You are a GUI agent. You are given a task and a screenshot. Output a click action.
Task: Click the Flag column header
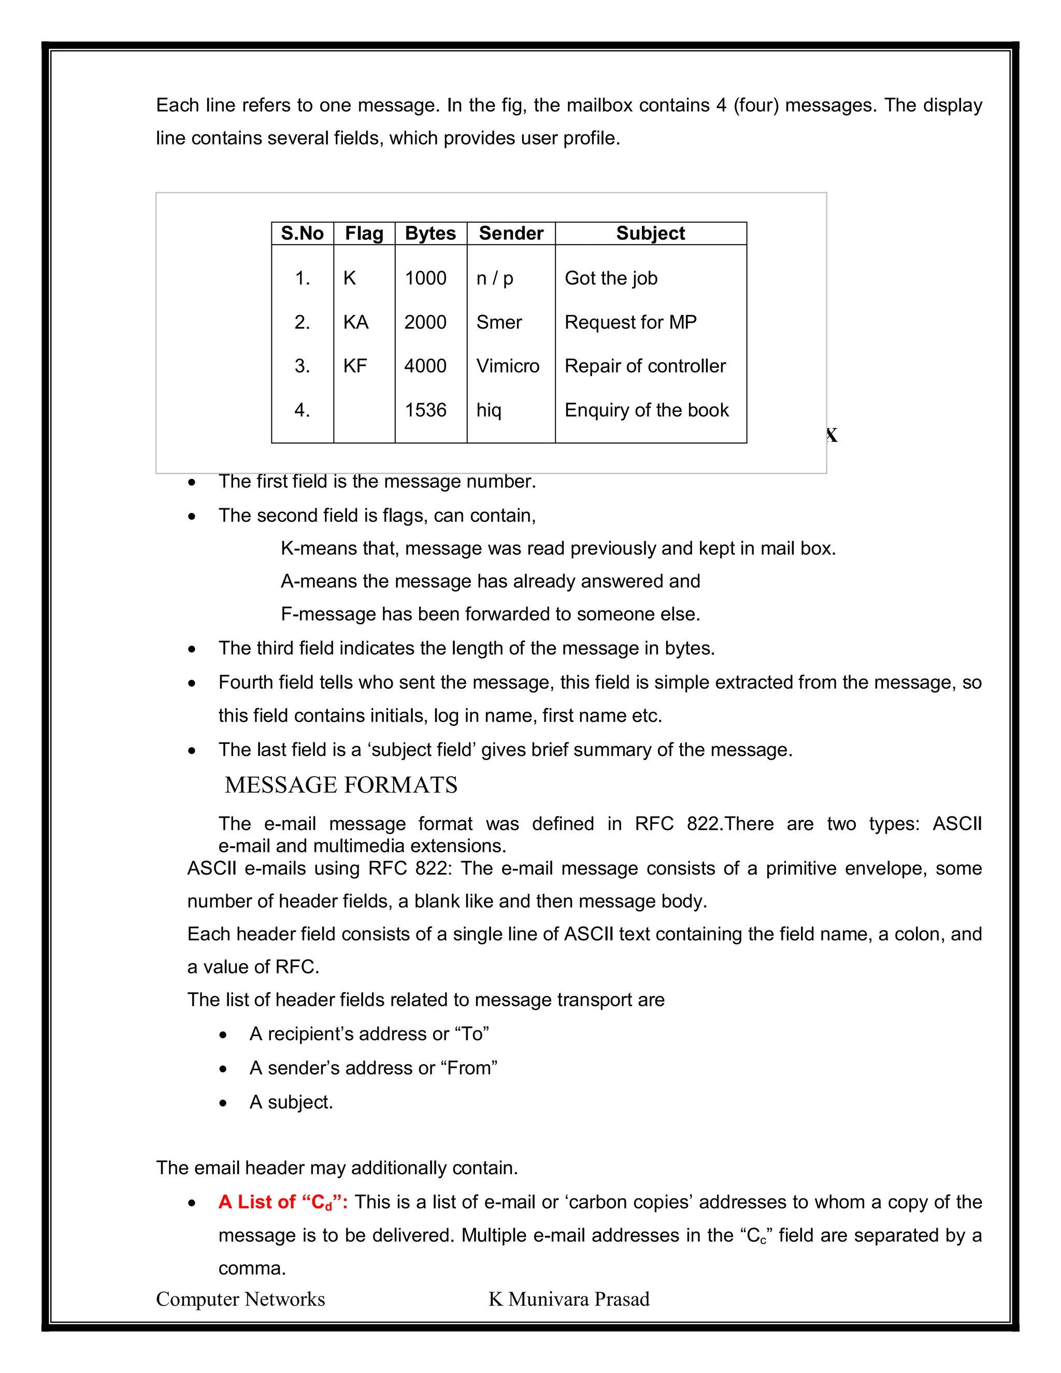[364, 233]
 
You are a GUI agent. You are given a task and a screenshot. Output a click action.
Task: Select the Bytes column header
[430, 233]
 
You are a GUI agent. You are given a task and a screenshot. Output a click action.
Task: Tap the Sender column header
[510, 233]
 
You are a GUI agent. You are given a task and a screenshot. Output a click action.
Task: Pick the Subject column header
[650, 233]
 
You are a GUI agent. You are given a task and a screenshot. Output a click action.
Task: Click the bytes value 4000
[425, 366]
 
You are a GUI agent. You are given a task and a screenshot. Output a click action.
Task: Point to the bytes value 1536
[425, 410]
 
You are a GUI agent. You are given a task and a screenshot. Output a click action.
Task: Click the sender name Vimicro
[507, 366]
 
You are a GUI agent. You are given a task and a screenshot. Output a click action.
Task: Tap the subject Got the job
[610, 278]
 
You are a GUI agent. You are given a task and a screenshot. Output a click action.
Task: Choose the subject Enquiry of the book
[646, 410]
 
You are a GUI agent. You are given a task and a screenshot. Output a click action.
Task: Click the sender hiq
[489, 410]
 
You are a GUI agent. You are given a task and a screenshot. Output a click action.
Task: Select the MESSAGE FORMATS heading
[341, 784]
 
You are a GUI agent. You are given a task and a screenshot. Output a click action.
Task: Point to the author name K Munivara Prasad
[569, 1299]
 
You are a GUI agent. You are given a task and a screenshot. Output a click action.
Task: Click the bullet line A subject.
[291, 1102]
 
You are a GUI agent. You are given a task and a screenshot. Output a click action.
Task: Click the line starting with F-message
[490, 613]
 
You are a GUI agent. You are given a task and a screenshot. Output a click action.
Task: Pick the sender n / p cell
[495, 278]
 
